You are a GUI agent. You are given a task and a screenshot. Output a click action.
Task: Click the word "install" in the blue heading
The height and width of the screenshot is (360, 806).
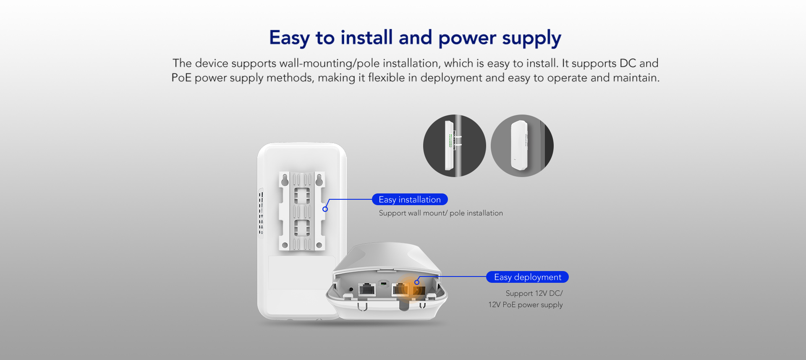366,37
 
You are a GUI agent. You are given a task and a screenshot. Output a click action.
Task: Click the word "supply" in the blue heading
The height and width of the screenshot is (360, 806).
531,39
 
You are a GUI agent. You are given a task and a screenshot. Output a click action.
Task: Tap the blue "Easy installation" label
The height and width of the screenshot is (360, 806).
410,199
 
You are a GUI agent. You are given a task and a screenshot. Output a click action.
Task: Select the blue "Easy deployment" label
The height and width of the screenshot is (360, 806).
527,277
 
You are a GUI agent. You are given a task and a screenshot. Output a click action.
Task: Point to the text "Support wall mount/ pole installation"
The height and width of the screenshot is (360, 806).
441,213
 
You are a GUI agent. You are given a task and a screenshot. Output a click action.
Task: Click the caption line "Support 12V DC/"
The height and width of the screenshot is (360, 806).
534,293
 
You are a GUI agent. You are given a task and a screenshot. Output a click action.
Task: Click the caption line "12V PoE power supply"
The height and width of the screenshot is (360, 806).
525,305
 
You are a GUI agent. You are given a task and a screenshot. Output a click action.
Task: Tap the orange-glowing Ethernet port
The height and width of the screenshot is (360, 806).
400,290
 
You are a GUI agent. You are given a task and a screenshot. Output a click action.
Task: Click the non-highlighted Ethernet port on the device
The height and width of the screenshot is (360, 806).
367,290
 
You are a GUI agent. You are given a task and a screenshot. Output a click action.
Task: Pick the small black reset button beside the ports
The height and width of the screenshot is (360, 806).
351,289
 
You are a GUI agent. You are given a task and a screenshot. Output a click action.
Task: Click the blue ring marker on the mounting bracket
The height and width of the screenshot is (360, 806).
325,209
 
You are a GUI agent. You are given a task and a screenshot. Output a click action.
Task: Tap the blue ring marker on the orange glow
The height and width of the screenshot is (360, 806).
417,282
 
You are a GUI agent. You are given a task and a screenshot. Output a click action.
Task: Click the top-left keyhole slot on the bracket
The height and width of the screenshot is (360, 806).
285,180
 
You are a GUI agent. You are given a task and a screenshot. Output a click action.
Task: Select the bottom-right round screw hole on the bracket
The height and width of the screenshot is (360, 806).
319,245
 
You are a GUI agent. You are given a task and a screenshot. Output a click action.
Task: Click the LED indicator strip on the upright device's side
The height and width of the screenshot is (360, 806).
261,213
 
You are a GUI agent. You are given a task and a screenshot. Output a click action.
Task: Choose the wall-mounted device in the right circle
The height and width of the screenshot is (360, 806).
519,146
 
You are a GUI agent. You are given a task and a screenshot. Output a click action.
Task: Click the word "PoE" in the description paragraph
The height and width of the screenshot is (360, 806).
181,78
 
